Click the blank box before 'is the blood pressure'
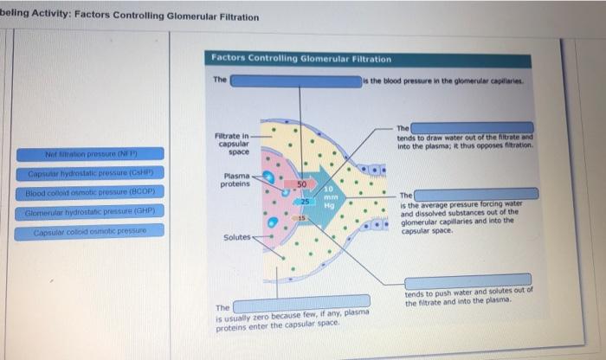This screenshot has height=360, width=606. [x=295, y=80]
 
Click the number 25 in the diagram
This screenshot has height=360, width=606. [x=306, y=201]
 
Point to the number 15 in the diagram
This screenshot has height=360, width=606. [x=304, y=216]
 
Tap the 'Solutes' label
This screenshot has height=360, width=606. [x=236, y=236]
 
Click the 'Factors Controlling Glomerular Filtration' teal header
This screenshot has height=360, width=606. [x=301, y=59]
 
